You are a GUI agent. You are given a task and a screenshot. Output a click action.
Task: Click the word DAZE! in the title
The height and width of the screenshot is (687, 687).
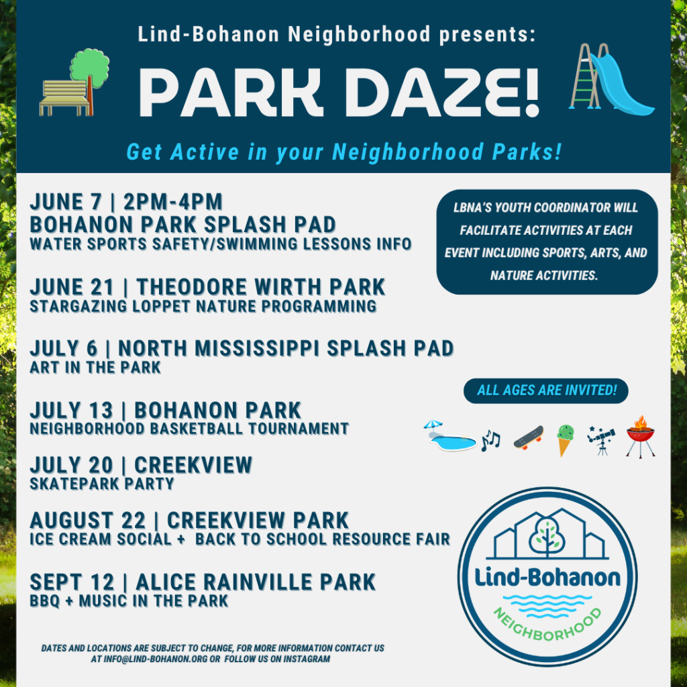coord(444,93)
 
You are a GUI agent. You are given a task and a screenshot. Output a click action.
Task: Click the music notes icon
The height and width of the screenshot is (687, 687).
coord(490,440)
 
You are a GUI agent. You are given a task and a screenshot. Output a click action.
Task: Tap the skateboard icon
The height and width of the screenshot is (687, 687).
coord(529,437)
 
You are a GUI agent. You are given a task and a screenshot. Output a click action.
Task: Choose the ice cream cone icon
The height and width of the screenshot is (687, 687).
coord(565,440)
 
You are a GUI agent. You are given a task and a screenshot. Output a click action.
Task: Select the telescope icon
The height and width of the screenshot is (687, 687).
coord(601,439)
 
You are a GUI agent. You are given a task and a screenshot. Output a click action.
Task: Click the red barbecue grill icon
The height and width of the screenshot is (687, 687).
coord(641,437)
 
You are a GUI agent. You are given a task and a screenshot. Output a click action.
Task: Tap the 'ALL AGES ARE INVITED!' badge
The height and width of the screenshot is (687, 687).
coord(546,390)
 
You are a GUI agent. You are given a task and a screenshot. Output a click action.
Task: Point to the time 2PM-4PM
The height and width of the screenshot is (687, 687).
coord(173,203)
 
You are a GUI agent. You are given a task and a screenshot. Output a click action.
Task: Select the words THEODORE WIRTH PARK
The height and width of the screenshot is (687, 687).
coord(261,287)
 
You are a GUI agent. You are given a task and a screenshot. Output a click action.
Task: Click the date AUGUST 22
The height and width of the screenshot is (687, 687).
coord(88,521)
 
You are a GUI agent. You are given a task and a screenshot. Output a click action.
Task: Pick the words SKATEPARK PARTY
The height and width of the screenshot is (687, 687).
coord(102,484)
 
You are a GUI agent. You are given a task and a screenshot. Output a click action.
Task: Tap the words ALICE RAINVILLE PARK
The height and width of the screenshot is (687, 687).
coord(256,583)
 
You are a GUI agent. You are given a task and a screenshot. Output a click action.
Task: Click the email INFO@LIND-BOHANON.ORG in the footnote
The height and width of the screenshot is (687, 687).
coord(156,659)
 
